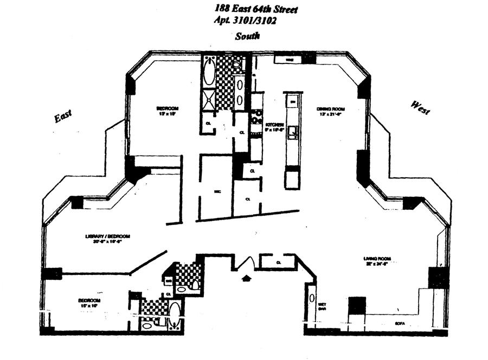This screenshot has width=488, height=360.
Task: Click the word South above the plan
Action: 247,36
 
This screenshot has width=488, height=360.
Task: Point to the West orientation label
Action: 420,107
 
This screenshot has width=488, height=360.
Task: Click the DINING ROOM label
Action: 331,109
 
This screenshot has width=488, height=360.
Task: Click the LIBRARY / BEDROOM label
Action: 107,236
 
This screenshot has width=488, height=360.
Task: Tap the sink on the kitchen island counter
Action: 292,131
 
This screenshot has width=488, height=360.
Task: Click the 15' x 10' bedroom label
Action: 89,303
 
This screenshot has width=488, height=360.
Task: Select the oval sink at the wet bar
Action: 312,298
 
